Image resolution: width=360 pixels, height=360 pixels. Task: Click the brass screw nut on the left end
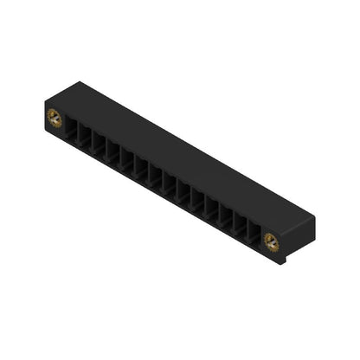click(x=54, y=119)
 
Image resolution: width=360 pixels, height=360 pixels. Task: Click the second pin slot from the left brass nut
click(x=86, y=141)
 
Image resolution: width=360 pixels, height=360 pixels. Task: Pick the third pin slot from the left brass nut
click(x=100, y=149)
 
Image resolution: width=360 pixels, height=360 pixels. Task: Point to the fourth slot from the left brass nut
click(x=113, y=157)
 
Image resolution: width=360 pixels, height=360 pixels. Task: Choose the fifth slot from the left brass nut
click(x=127, y=164)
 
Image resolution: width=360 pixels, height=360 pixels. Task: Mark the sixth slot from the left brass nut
click(x=141, y=172)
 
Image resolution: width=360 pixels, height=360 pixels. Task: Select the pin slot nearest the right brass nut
click(x=254, y=233)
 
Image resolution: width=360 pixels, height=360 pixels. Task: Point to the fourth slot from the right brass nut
click(x=212, y=210)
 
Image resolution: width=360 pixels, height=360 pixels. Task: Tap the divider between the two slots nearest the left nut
click(x=79, y=138)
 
